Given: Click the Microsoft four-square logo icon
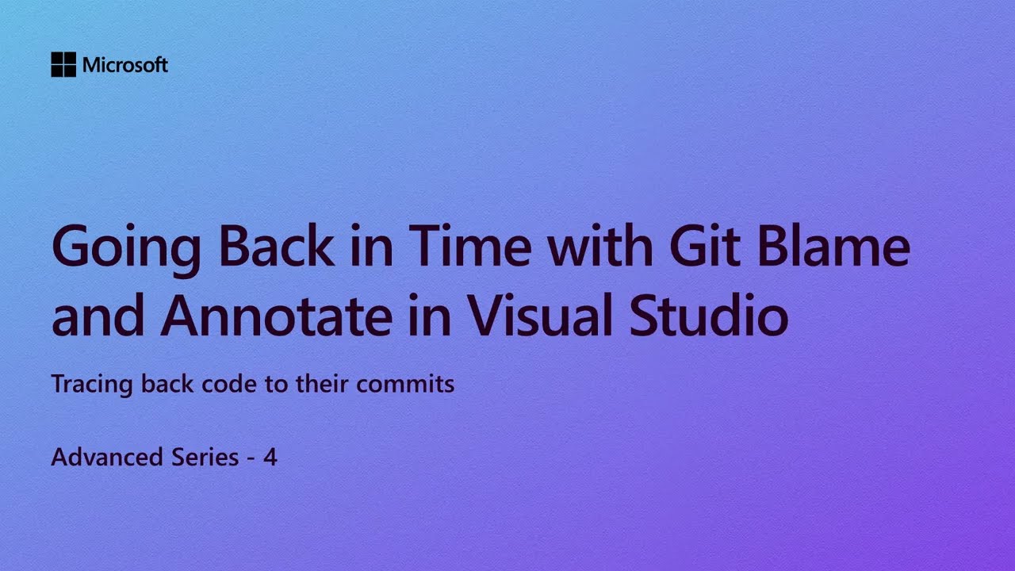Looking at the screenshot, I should [x=63, y=65].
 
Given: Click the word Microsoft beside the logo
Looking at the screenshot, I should [x=125, y=65].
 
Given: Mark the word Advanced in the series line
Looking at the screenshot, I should [x=109, y=457].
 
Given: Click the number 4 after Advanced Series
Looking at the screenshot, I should [x=270, y=458].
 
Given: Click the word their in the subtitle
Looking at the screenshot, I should [x=323, y=385].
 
